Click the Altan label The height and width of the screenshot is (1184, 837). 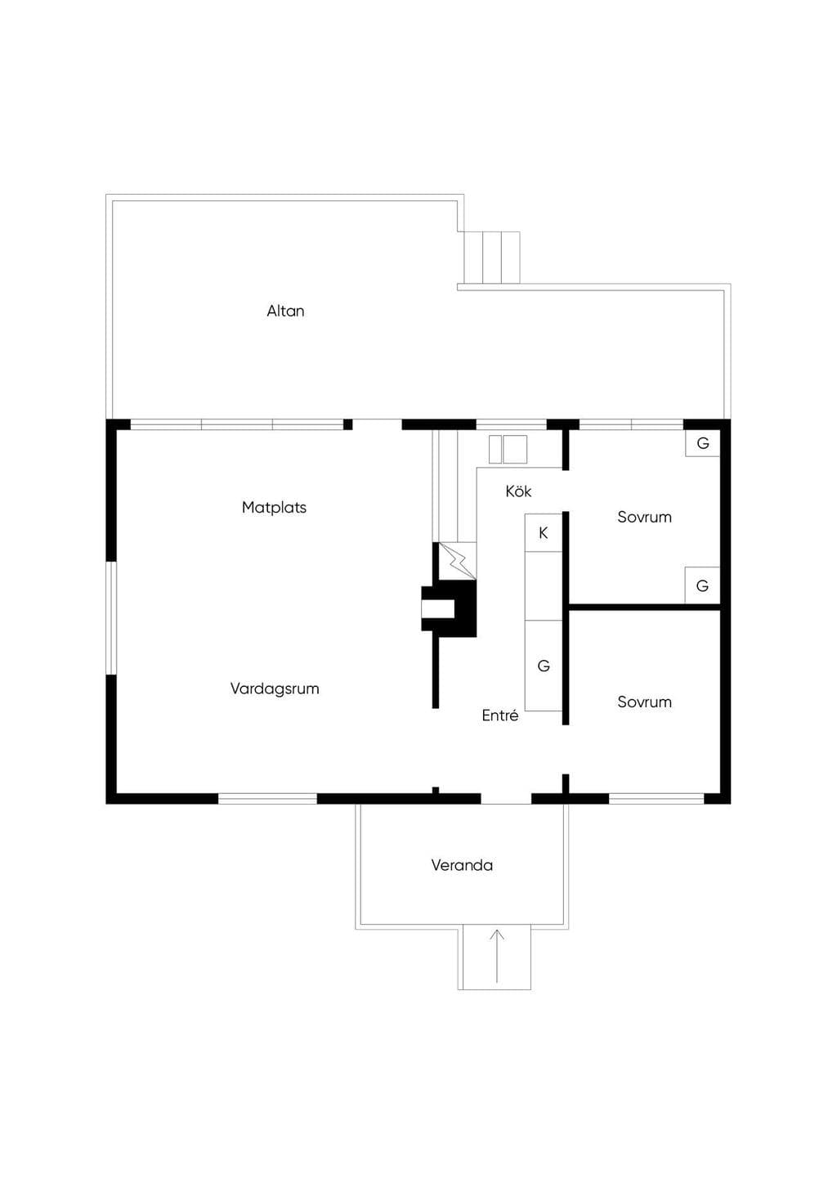tap(285, 311)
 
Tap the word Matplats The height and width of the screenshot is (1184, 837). tap(274, 508)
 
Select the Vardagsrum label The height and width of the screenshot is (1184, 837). tap(275, 689)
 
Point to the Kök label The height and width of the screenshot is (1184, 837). tap(518, 491)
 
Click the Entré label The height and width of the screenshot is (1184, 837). tap(500, 715)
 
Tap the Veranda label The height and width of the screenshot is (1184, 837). tap(462, 865)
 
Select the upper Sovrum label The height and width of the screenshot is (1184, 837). tap(644, 517)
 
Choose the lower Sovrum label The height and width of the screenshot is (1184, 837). tap(644, 702)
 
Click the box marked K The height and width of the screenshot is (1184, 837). tap(544, 533)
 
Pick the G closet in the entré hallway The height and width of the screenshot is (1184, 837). tap(544, 666)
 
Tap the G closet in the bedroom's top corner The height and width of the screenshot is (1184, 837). tap(702, 443)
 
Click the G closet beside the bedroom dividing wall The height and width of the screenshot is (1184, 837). tap(702, 585)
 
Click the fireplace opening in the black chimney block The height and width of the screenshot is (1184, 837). tap(437, 608)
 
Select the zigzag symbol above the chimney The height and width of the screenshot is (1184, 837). tap(458, 562)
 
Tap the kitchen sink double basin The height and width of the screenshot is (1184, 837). tap(508, 449)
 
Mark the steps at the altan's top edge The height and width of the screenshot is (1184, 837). tap(492, 258)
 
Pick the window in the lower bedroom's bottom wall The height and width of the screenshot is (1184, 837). tap(657, 799)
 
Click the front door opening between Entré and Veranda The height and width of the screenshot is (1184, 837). tap(506, 799)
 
